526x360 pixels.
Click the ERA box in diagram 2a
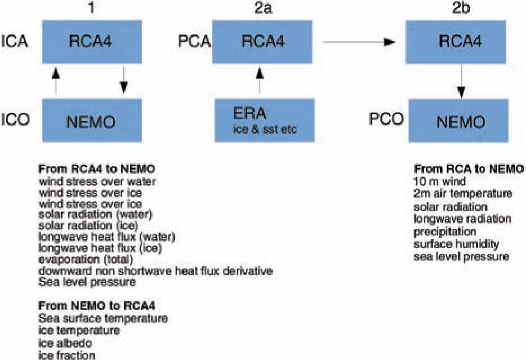(265, 120)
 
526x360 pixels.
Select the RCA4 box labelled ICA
(92, 42)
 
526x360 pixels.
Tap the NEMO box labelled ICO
(92, 120)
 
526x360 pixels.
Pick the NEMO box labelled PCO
(458, 121)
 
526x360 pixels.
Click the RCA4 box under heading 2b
(456, 42)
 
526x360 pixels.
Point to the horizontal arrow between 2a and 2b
(359, 42)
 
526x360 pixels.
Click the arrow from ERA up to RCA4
(260, 81)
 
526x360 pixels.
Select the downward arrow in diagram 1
(124, 80)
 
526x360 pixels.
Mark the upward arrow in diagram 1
(56, 81)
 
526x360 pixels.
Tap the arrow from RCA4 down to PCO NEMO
(461, 81)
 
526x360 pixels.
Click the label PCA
(194, 42)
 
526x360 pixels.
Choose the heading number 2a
(262, 8)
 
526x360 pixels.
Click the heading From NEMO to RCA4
(97, 306)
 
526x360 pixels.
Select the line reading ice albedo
(65, 343)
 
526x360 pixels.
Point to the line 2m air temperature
(463, 194)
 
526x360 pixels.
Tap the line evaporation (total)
(86, 259)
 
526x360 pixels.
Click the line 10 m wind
(440, 181)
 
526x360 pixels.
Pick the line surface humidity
(456, 244)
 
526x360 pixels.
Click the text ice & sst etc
(265, 129)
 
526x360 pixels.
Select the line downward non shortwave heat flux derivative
(155, 271)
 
